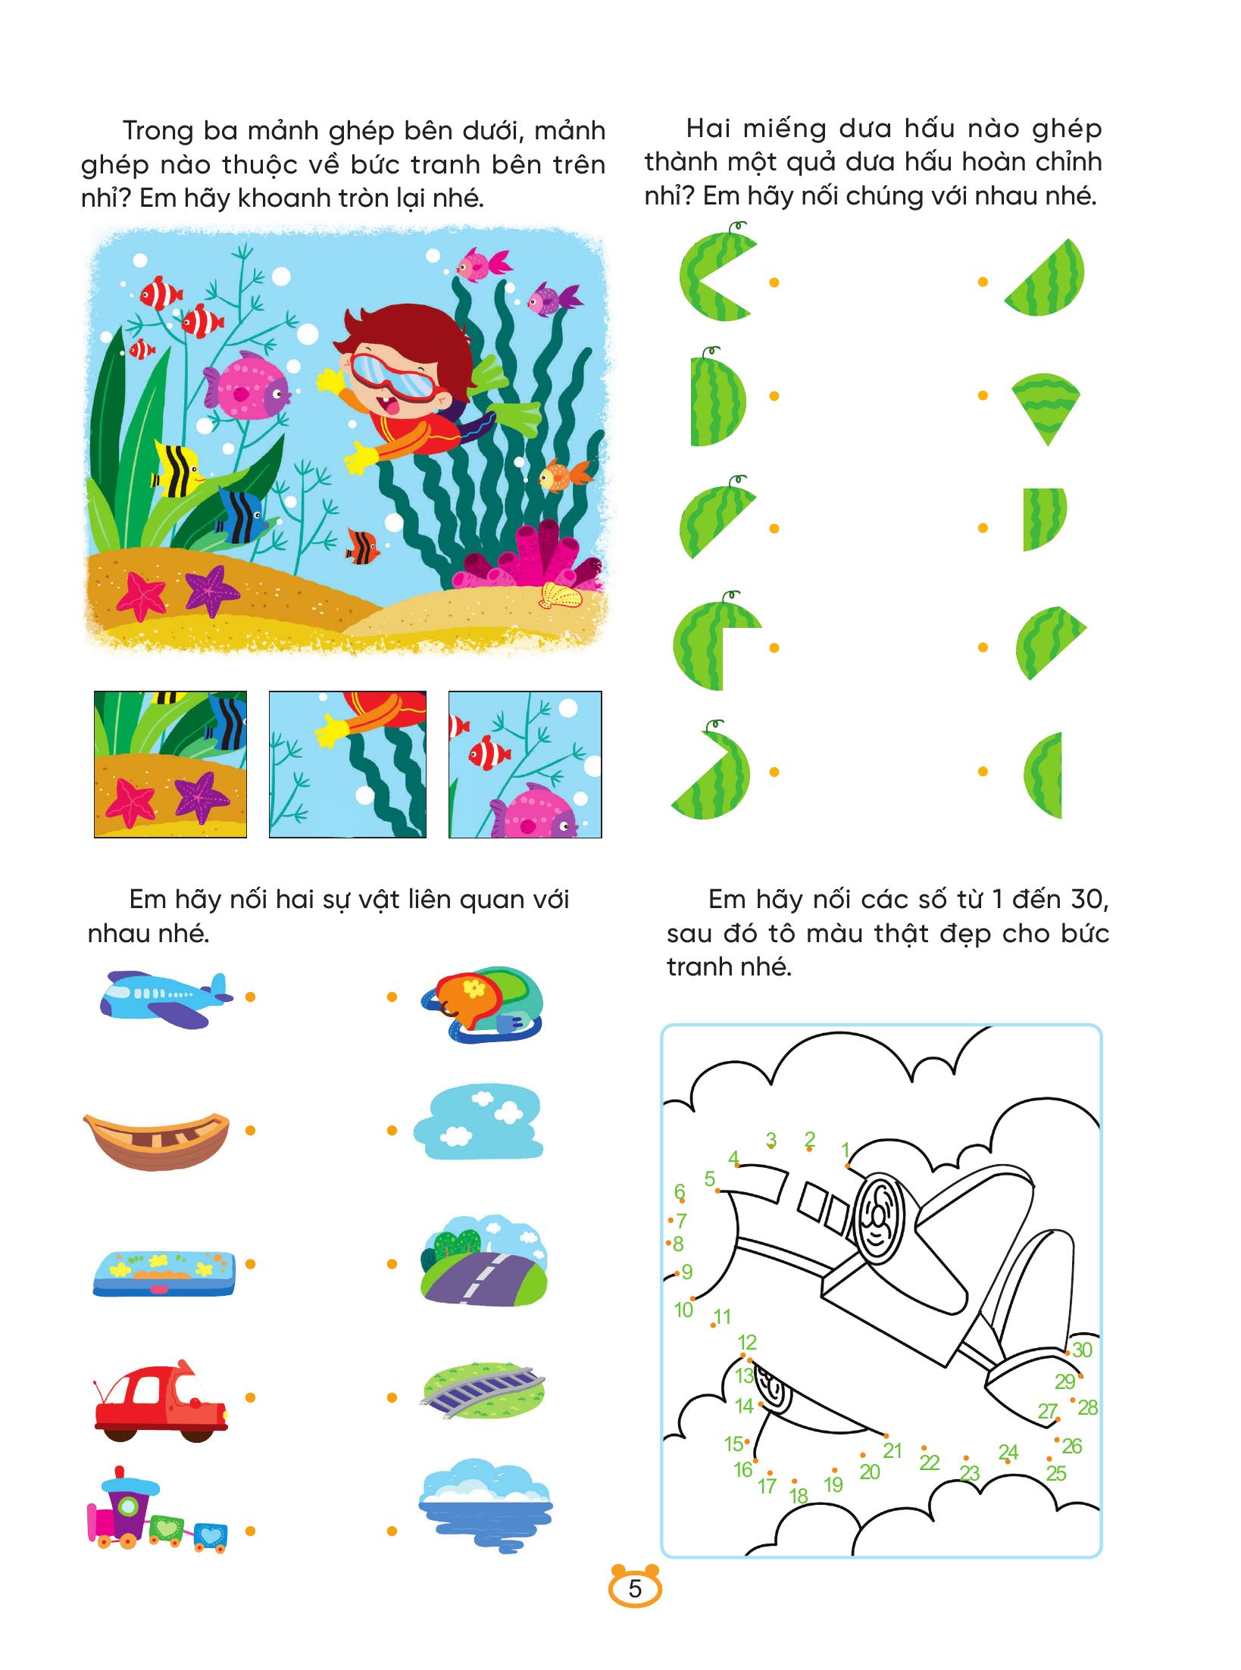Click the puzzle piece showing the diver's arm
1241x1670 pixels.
(348, 763)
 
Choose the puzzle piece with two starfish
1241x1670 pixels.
(170, 763)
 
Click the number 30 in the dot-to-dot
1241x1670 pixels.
(1082, 1350)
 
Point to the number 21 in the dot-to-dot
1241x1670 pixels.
(892, 1450)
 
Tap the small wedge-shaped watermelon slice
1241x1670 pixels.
(1046, 407)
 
